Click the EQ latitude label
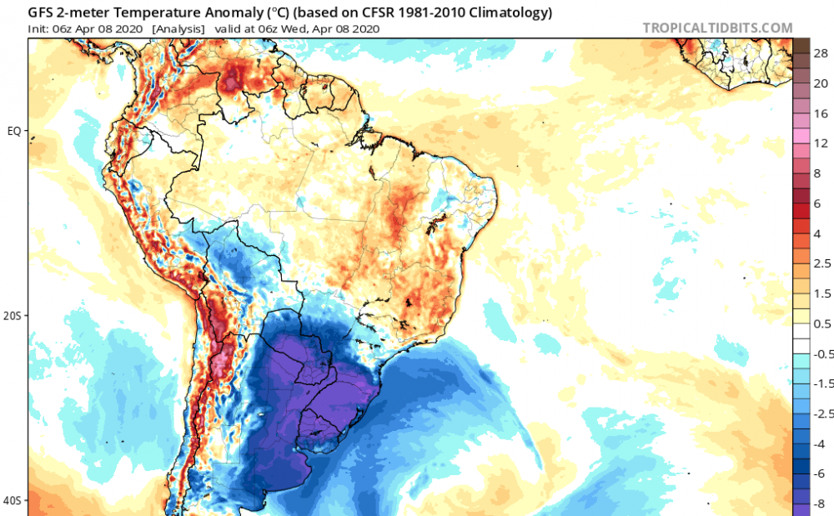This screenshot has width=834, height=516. click(x=14, y=131)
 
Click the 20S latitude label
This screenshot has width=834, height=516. click(x=13, y=316)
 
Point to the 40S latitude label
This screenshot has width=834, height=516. click(x=13, y=500)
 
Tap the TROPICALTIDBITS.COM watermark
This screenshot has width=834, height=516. click(x=717, y=28)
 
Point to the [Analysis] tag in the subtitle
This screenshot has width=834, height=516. click(x=178, y=28)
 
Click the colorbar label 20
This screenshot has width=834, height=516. click(x=821, y=83)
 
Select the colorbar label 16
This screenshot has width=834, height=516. click(x=821, y=113)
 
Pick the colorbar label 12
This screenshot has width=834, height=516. click(x=821, y=143)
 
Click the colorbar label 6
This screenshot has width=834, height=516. click(x=817, y=203)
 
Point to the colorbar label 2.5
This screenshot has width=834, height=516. click(x=822, y=263)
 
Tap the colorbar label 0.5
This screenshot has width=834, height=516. click(x=822, y=323)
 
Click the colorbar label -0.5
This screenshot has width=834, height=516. click(x=824, y=353)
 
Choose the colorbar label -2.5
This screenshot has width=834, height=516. click(x=824, y=413)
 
